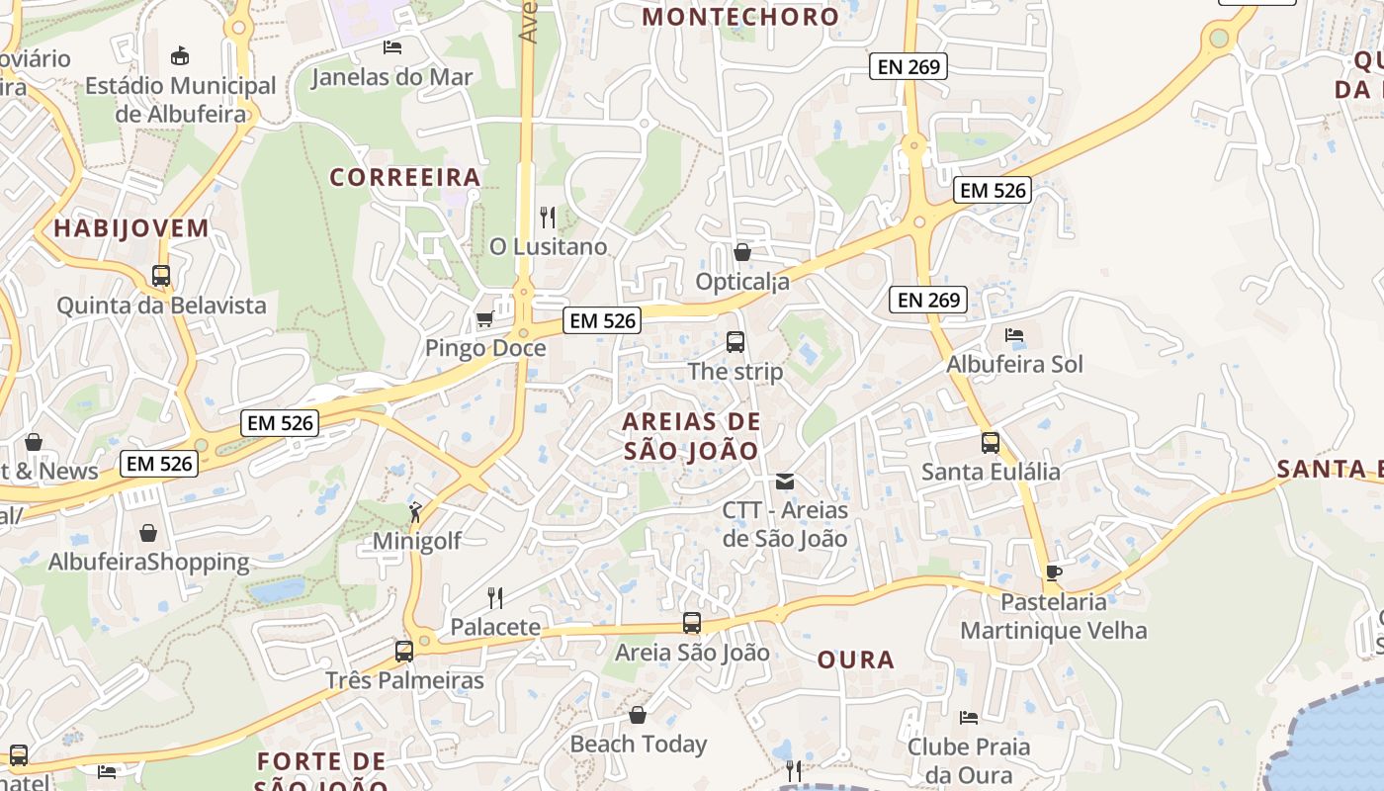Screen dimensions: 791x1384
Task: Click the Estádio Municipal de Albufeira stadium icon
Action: point(180,55)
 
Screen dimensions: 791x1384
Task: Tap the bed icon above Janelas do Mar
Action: point(392,46)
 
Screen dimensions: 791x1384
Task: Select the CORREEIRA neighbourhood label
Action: point(405,177)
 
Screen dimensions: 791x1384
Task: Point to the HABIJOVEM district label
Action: point(131,228)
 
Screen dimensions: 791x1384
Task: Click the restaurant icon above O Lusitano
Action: point(548,217)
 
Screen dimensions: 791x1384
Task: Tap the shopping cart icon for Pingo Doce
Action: point(484,318)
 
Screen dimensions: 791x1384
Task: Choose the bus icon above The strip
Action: point(735,342)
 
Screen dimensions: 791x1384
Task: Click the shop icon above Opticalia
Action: point(741,252)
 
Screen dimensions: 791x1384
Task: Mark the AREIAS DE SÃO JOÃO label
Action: point(691,436)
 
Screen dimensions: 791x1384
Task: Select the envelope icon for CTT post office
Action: point(785,482)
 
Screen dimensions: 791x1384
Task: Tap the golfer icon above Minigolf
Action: point(415,512)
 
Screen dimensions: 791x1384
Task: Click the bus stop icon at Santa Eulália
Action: point(990,442)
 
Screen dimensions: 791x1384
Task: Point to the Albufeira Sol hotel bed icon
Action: point(1013,335)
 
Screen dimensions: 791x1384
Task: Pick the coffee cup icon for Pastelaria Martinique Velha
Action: point(1053,572)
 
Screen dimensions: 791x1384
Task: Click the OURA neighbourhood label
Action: point(856,659)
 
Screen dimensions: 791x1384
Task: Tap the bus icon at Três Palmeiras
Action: point(403,652)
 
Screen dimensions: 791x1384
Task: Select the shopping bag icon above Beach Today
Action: point(638,715)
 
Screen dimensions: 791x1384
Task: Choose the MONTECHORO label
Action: point(740,17)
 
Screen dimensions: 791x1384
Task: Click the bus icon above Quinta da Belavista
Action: point(161,276)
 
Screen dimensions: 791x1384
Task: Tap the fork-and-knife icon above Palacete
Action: point(495,597)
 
